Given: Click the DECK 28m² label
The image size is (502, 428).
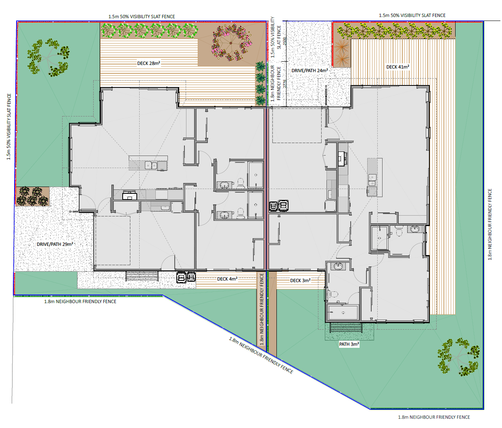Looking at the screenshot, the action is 149,63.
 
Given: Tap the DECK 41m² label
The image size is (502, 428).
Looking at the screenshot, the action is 397,67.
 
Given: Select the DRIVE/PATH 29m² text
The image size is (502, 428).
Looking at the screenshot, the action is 55,244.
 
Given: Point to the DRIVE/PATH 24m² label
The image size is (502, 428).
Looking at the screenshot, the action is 310,71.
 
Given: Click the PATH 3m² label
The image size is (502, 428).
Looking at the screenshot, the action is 349,344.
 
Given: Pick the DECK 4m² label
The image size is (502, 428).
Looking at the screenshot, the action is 227,279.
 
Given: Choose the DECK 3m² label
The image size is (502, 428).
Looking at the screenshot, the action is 300,280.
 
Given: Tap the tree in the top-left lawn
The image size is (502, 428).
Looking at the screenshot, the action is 48,58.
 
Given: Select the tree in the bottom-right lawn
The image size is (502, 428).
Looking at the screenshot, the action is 458,357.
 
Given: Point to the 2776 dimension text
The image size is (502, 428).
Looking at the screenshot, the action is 284,84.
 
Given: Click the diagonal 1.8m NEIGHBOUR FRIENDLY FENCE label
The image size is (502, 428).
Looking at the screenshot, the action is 261,355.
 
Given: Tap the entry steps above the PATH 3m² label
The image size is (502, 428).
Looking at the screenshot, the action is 346,328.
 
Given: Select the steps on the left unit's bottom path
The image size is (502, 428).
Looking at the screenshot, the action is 142,276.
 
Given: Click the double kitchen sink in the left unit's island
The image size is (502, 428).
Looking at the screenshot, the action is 151,165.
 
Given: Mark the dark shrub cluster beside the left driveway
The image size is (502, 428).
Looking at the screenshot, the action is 32,196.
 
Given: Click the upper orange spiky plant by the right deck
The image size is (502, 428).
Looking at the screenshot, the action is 341,46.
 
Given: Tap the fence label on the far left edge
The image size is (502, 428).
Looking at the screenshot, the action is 9,127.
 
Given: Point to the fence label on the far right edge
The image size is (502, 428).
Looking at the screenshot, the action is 490,224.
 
